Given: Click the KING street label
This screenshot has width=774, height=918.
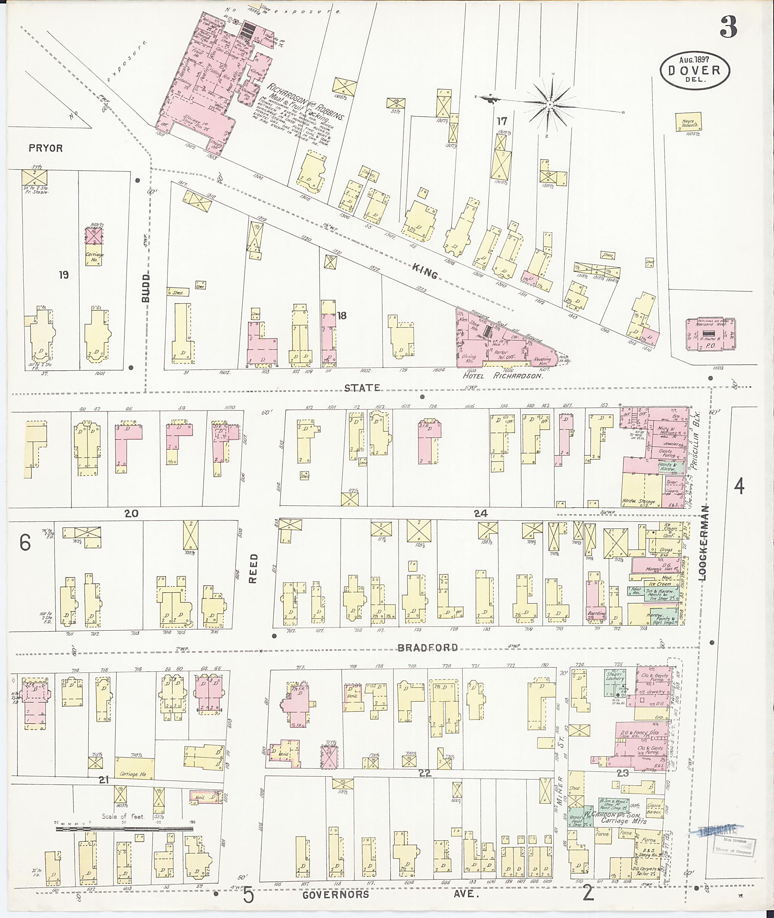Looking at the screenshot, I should pos(425,274).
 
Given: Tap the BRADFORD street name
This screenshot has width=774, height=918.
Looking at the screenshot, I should pos(427,648).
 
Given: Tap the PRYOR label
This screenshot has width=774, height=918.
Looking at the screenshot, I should pos(46,148).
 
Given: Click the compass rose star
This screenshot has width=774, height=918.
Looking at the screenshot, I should pos(550,104).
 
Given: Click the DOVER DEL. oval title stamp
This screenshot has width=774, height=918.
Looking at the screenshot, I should pos(695,71).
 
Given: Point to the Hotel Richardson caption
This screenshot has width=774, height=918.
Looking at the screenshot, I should pos(503,376).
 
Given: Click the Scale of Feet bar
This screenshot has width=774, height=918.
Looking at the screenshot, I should pos(124,829).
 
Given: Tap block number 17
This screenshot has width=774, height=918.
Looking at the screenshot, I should pos(502,120).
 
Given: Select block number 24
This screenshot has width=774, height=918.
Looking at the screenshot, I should pos(481,513).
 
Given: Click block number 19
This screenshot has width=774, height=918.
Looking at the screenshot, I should pos(63,275).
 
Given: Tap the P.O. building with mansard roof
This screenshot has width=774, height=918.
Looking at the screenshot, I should pos(711,334).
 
